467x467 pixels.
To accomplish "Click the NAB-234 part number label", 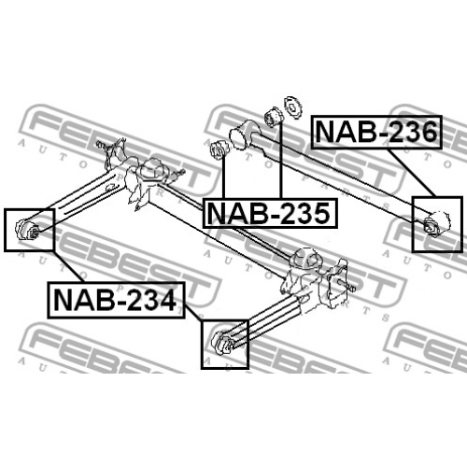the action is pyautogui.click(x=116, y=300).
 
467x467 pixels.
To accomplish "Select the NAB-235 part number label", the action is pyautogui.click(x=270, y=213).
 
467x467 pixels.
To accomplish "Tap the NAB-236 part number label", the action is pyautogui.click(x=376, y=132).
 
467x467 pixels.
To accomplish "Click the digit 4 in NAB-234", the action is pyautogui.click(x=167, y=300).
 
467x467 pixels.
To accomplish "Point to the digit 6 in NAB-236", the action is pyautogui.click(x=427, y=132).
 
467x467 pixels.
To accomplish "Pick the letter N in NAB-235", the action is pyautogui.click(x=216, y=213).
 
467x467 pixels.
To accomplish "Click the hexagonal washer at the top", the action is pyautogui.click(x=292, y=107).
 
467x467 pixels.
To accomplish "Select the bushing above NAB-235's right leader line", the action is pyautogui.click(x=273, y=118).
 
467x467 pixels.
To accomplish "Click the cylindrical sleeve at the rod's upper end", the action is pyautogui.click(x=242, y=134).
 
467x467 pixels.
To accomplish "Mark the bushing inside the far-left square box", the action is pyautogui.click(x=26, y=230).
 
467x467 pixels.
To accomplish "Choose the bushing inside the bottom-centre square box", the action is pyautogui.click(x=223, y=343).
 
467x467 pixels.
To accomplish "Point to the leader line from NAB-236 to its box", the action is pyautogui.click(x=411, y=173).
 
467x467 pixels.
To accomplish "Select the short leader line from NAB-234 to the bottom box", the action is pyautogui.click(x=193, y=312).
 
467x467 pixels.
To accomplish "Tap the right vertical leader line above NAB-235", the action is pyautogui.click(x=280, y=160).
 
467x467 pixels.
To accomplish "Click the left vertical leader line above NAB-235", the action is pyautogui.click(x=223, y=177).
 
